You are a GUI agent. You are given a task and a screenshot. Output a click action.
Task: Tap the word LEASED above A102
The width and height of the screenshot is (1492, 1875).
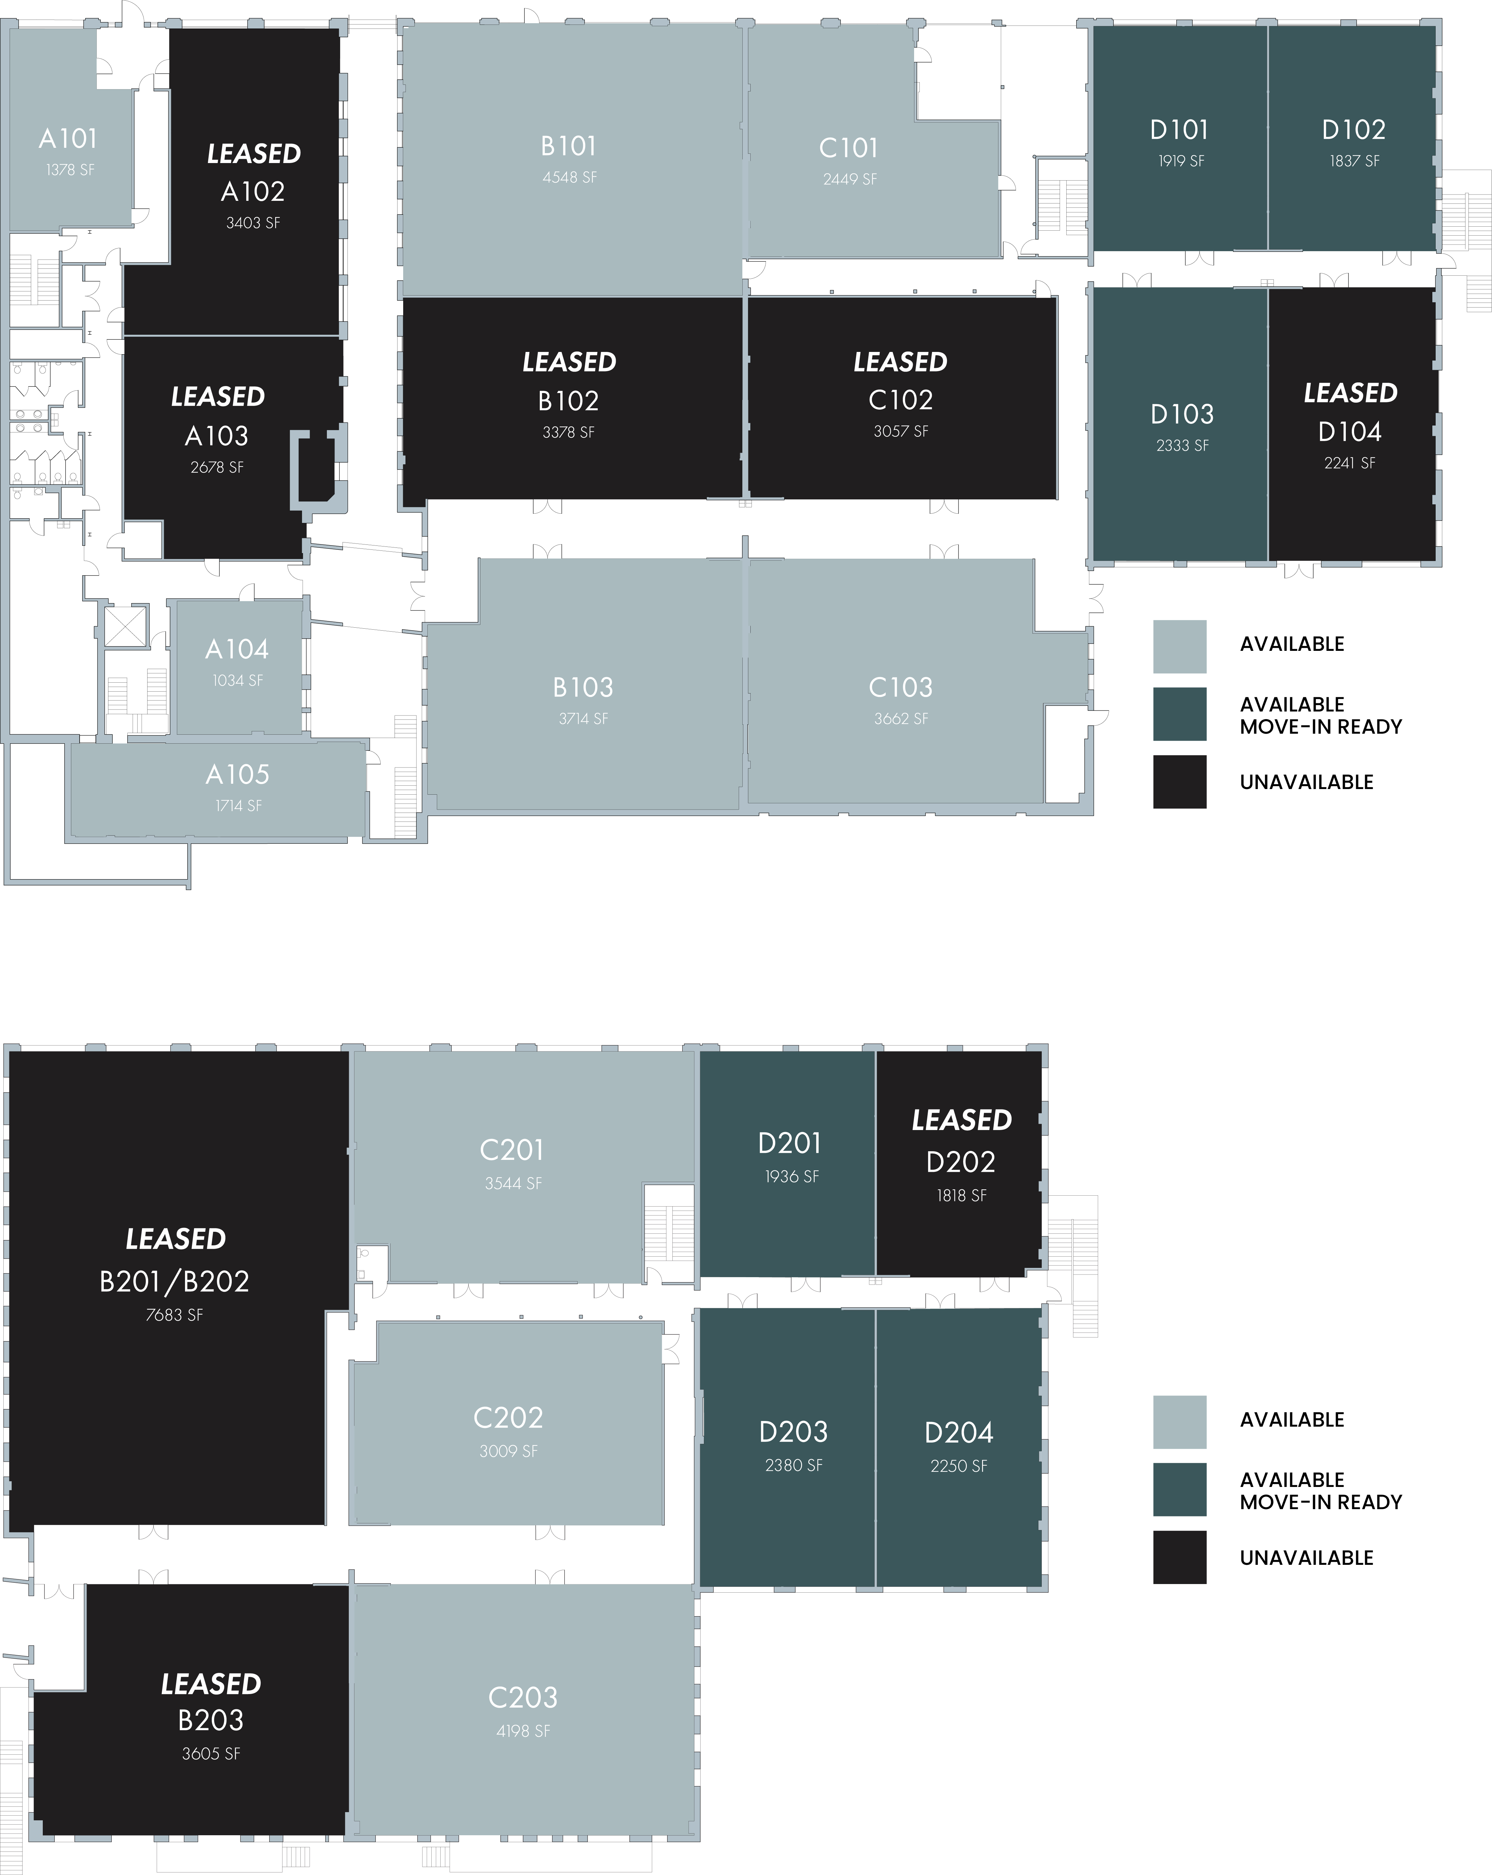(253, 154)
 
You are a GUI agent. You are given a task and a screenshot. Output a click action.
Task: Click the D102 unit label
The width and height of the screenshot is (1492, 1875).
(1353, 131)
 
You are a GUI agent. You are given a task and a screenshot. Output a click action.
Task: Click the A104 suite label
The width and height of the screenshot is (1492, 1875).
(237, 650)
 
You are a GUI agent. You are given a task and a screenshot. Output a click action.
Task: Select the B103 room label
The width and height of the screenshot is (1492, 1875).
(583, 688)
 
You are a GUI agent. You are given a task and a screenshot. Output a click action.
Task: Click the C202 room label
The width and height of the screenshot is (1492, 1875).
(508, 1418)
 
